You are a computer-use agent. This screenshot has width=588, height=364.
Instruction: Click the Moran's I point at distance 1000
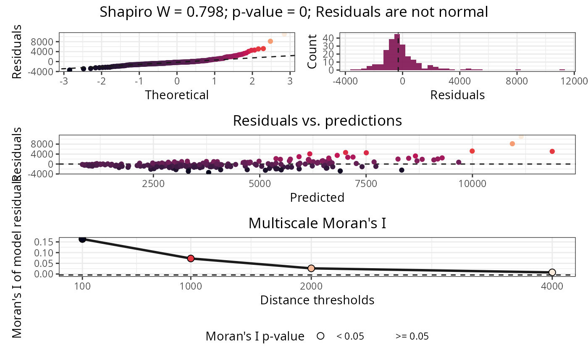point(191,258)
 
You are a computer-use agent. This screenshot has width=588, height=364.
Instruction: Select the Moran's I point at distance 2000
point(311,268)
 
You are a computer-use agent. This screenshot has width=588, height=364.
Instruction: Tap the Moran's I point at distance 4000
point(552,272)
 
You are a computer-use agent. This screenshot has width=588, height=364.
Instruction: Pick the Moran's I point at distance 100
point(82,239)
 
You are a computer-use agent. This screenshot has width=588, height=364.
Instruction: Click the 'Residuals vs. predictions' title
point(317,121)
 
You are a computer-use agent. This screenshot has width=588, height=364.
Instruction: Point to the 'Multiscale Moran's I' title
point(317,223)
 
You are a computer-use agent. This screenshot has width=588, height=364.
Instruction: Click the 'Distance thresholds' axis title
point(317,300)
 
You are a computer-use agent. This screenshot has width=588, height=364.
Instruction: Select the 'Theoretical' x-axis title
point(177,95)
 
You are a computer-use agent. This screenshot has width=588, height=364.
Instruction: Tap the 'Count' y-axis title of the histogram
point(312,52)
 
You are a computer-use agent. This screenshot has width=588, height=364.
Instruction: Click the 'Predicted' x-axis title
point(317,197)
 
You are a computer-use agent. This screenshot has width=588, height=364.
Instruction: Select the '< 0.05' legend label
point(350,336)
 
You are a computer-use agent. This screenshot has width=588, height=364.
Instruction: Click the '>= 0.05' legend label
point(412,336)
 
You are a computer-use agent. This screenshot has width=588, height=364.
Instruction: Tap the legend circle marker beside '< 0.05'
point(321,336)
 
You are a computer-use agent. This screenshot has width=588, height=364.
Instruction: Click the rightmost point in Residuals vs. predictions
point(552,151)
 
